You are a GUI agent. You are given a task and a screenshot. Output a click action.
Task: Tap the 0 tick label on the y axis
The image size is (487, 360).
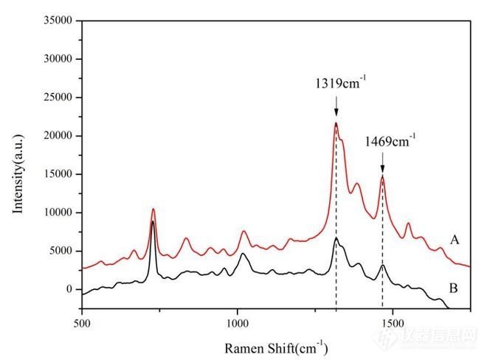[69, 289]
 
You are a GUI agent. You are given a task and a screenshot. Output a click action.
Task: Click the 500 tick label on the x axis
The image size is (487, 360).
[82, 322]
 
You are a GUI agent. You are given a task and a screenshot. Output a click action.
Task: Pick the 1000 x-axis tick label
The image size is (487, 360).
[237, 322]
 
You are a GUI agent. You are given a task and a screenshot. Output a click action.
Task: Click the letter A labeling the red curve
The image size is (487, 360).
[454, 240]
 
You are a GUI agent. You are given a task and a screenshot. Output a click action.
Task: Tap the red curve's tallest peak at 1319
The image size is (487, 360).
[336, 123]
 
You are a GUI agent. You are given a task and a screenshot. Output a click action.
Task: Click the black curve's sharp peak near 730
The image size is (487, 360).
[153, 221]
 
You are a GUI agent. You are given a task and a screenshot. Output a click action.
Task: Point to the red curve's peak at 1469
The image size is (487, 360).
[382, 176]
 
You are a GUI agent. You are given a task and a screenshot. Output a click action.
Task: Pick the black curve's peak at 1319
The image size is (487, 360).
[336, 238]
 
